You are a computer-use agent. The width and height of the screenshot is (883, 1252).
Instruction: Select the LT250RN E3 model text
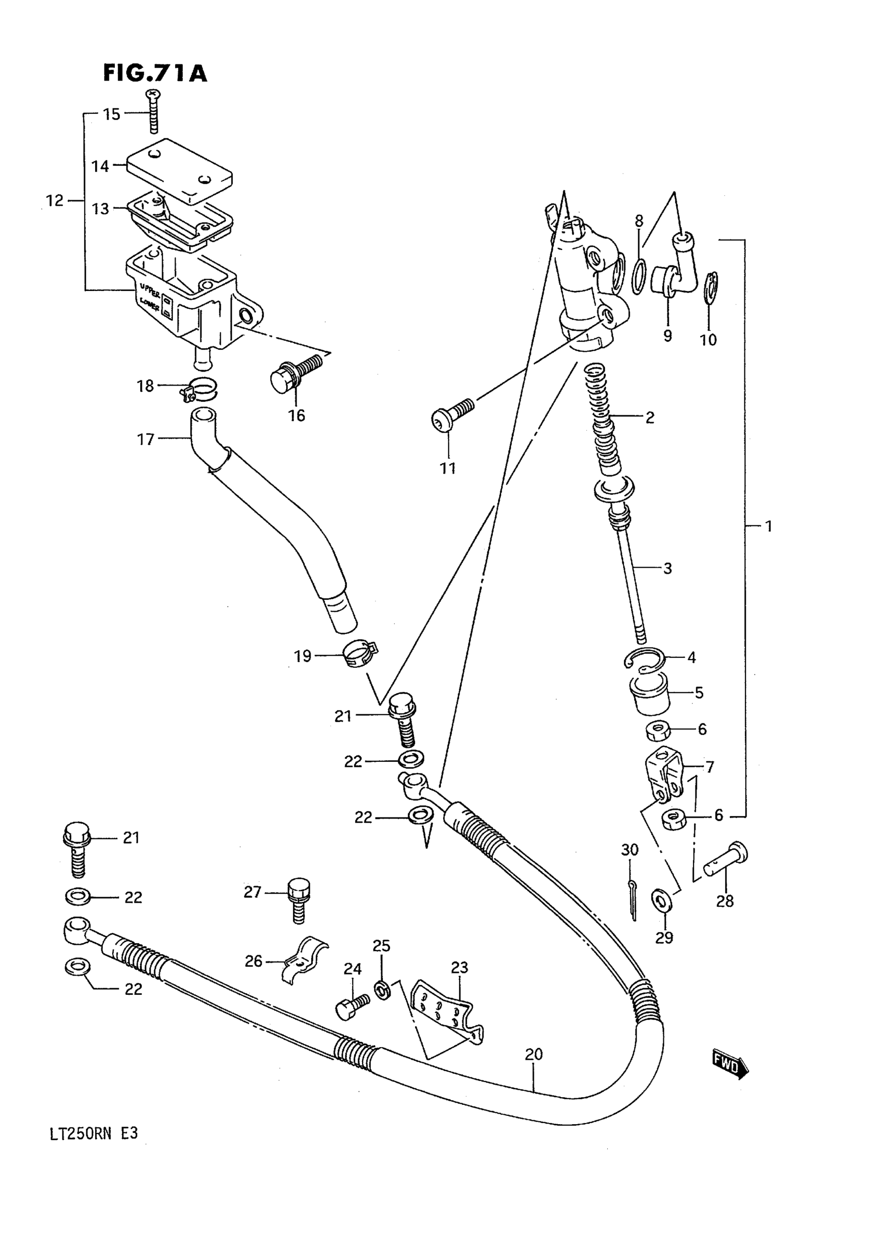[93, 1134]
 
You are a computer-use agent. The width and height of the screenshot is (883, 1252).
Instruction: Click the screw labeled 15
[154, 111]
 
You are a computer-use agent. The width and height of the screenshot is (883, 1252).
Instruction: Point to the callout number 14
[100, 166]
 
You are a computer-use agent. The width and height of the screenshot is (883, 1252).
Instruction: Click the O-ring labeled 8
[639, 277]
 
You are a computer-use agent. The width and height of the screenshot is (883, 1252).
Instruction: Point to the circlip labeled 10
[710, 288]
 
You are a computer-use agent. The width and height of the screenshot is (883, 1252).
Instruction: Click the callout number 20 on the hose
[533, 1054]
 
